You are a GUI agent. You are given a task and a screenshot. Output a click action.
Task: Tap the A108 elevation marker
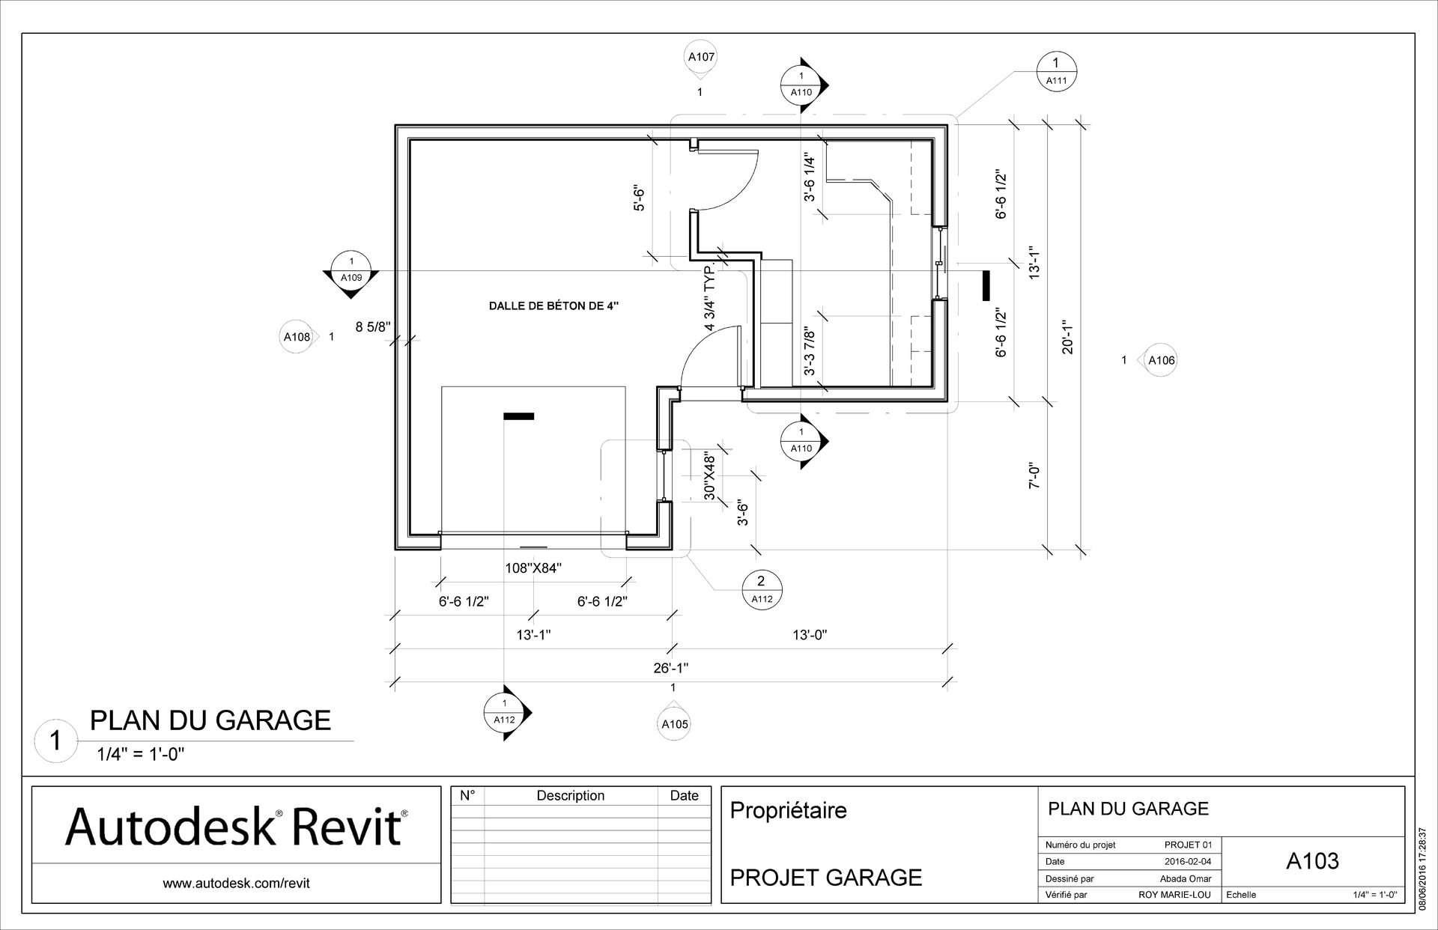coord(297,337)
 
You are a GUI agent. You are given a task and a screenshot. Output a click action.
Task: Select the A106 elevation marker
coord(1161,360)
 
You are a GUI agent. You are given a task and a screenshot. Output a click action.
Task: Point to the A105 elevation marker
coord(674,723)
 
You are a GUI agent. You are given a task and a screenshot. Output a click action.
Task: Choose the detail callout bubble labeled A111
coord(1056,72)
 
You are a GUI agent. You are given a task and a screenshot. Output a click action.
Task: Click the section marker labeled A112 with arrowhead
coord(505,711)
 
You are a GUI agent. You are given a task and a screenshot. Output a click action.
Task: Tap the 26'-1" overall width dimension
coord(670,668)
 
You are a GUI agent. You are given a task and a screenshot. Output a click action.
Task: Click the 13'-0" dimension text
coord(810,635)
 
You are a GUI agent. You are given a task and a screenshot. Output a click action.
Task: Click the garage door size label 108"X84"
coord(533,568)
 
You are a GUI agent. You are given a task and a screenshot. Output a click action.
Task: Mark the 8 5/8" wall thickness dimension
coord(373,326)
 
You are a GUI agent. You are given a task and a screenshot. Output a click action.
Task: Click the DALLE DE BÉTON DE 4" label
coord(554,306)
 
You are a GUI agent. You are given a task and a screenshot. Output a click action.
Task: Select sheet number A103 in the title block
coord(1312,861)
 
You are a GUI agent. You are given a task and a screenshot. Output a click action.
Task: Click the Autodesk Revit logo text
coord(236,827)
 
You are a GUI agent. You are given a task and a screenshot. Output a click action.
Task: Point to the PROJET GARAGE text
coord(825,877)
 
